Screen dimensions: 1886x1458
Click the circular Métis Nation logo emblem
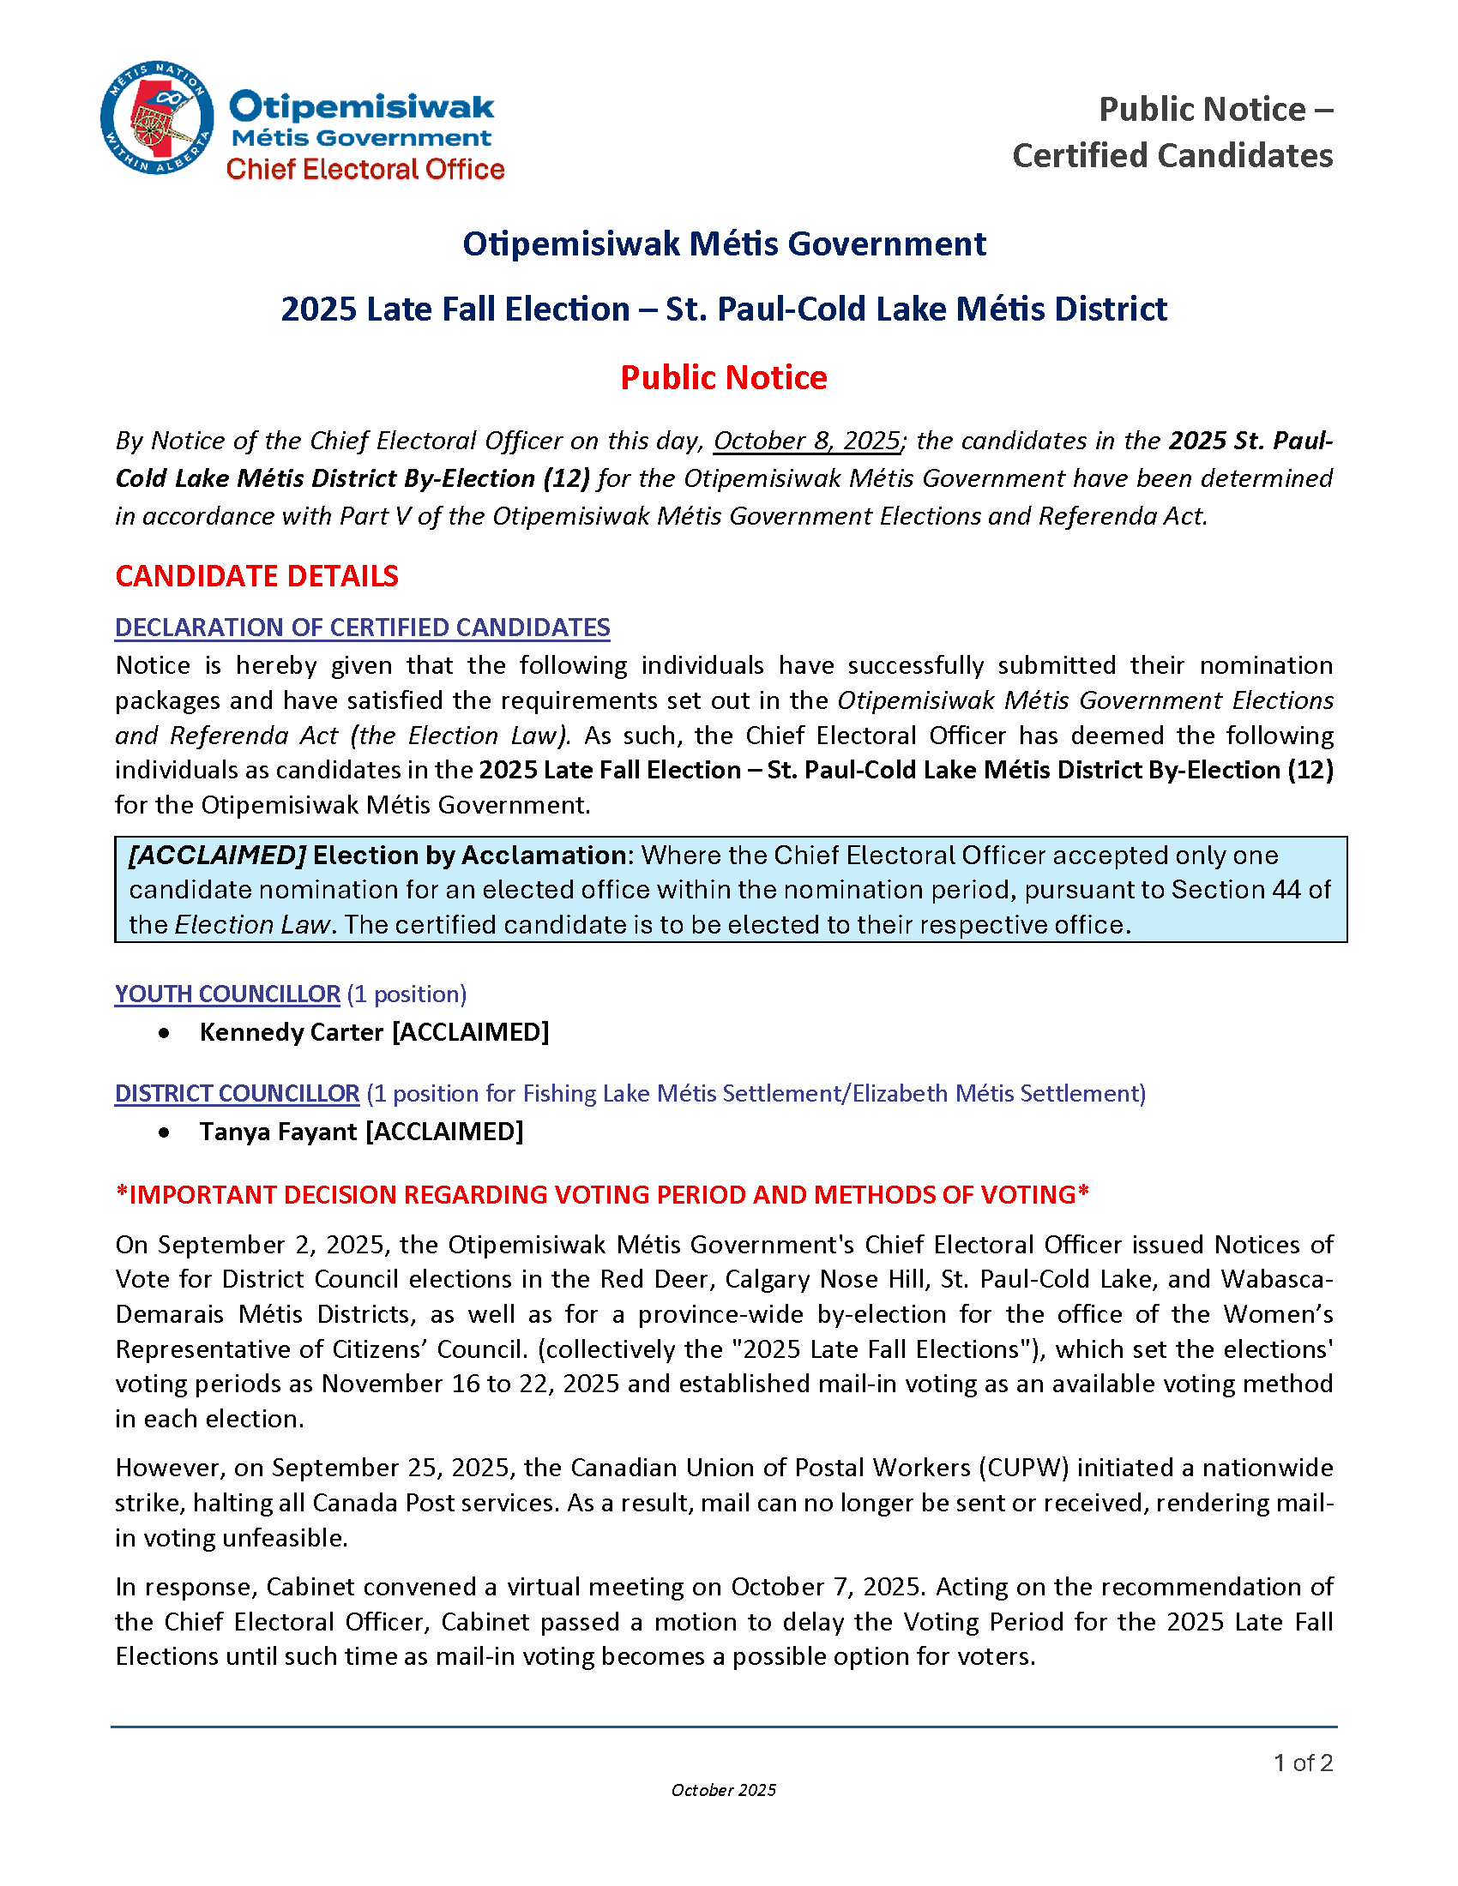click(x=157, y=117)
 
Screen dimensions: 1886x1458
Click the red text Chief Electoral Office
click(x=364, y=169)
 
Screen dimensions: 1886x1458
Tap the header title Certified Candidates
click(x=1172, y=156)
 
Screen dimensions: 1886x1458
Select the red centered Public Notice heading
click(x=724, y=378)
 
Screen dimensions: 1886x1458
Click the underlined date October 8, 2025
click(x=807, y=441)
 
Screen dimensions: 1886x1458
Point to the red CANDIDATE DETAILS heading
click(x=256, y=576)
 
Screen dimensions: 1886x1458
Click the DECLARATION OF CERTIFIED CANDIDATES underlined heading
click(x=362, y=628)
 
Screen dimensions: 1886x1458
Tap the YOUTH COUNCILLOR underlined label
click(x=227, y=994)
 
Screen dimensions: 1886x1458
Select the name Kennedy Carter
click(x=291, y=1032)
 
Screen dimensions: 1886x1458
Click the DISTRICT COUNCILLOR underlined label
click(x=237, y=1093)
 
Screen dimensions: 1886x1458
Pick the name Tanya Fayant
click(x=278, y=1132)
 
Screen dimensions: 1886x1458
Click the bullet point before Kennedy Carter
click(x=164, y=1033)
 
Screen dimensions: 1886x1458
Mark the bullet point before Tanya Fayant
click(x=164, y=1132)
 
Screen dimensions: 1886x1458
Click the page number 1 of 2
click(x=1303, y=1763)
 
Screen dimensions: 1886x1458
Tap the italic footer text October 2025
click(x=724, y=1790)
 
